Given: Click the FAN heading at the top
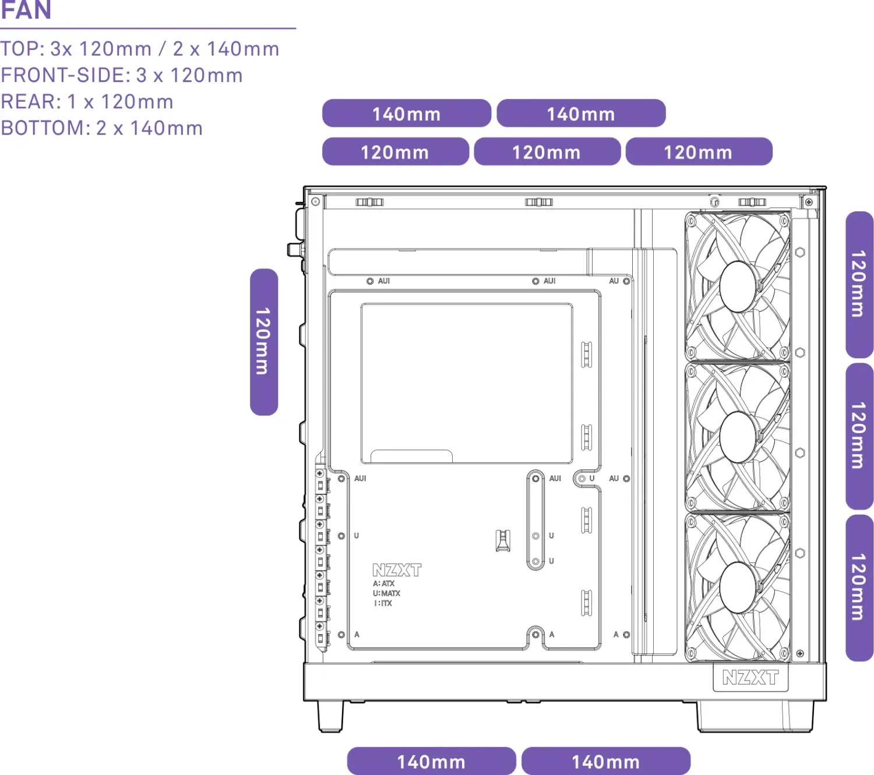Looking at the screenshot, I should [26, 9].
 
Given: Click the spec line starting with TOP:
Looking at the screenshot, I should [140, 49].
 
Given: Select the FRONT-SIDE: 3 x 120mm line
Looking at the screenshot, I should [122, 75].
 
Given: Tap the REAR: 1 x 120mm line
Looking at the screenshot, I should [87, 102].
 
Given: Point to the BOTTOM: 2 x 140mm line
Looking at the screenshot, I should [102, 128].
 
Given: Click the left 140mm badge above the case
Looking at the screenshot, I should [406, 114].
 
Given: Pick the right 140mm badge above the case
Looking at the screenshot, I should [581, 114].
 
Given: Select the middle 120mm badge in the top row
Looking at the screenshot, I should [547, 152].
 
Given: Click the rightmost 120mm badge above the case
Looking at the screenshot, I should [698, 152].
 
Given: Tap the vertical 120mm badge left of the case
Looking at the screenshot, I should [264, 342].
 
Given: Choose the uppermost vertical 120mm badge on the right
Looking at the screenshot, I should [859, 284].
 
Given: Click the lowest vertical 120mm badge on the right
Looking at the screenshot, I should [859, 588].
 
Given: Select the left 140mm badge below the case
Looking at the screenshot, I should [431, 761].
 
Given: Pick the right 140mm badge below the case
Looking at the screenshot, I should [605, 761].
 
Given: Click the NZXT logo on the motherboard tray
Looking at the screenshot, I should [397, 569].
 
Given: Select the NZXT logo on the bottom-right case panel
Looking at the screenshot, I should [750, 677].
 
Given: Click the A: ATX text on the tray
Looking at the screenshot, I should [384, 583].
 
